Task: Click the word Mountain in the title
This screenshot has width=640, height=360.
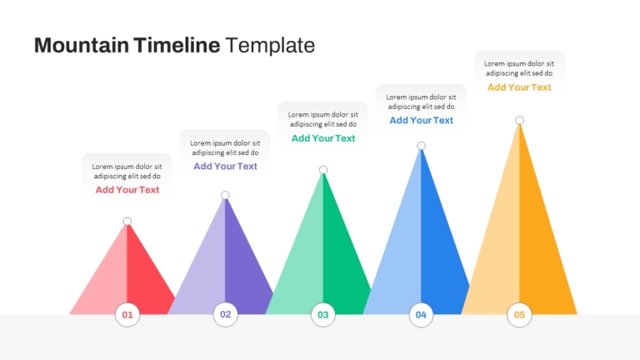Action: pos(81,45)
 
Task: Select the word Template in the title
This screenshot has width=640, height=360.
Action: pos(270,45)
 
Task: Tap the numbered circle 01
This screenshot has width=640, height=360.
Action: pos(127,315)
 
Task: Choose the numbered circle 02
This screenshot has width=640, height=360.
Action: pos(225,314)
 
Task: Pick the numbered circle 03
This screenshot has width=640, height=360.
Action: pos(323,315)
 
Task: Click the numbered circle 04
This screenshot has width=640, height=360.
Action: pos(421,315)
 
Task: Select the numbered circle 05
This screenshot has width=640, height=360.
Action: pos(519,315)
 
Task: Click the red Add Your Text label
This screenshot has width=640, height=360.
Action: pos(127,190)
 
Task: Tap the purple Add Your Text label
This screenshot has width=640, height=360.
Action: pos(225,166)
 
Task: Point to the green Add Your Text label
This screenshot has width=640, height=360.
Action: pos(323,138)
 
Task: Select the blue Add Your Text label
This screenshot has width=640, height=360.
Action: pos(421,120)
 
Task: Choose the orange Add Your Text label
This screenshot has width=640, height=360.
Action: pos(519,87)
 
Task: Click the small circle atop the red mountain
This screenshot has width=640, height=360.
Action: pos(127,221)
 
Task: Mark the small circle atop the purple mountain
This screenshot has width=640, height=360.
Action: pos(225,195)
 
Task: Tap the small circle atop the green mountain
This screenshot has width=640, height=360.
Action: pos(323,170)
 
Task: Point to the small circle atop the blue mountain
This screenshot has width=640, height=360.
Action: pos(421,146)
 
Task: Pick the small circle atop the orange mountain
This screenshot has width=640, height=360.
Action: pos(520,120)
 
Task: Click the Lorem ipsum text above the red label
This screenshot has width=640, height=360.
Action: pos(127,172)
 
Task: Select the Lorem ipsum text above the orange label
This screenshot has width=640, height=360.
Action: pos(519,68)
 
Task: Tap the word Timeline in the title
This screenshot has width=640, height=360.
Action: pos(177,45)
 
